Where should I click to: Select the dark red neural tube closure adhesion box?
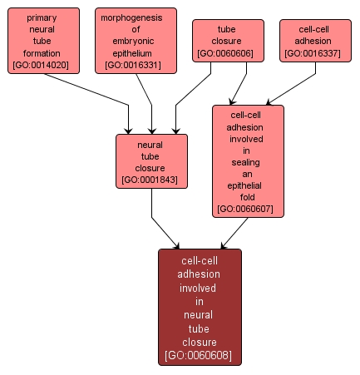[200, 307]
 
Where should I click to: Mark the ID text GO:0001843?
[151, 180]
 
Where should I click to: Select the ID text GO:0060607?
[248, 209]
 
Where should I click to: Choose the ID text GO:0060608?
[200, 355]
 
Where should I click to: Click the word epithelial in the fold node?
[247, 185]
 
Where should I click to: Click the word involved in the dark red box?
[200, 288]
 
